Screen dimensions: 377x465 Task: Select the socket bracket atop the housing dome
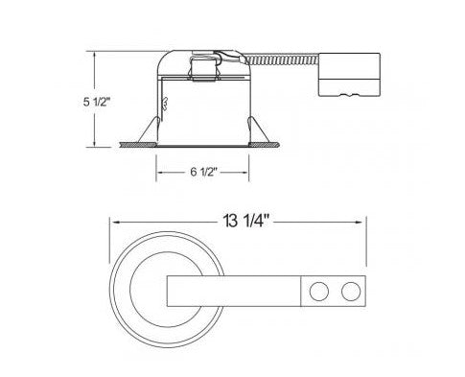204,67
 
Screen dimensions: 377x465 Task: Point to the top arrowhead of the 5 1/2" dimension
96,56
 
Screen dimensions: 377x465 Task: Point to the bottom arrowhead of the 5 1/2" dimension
96,144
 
